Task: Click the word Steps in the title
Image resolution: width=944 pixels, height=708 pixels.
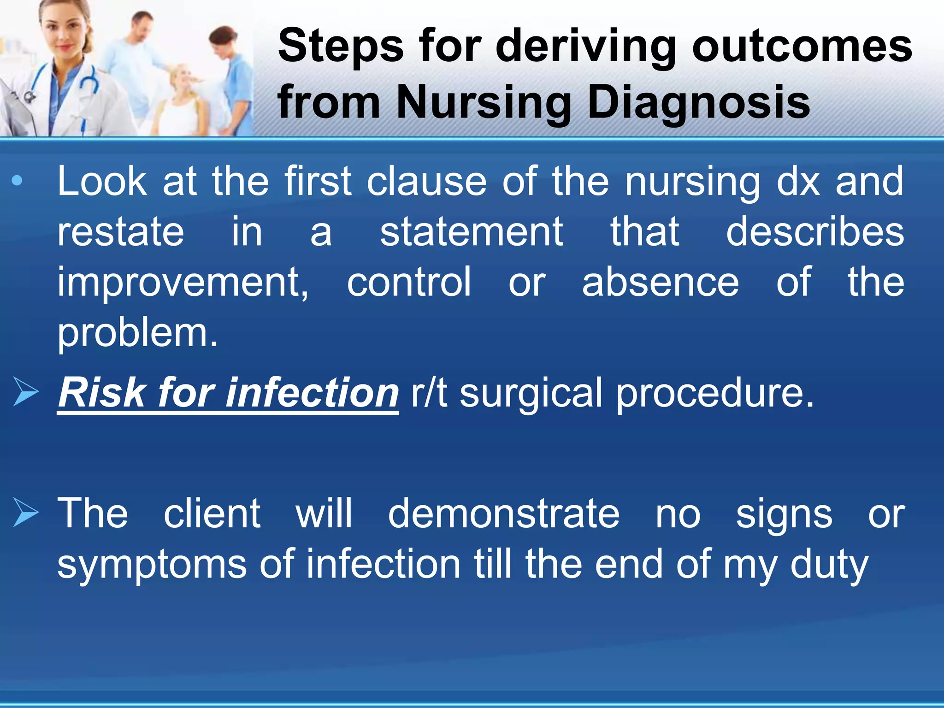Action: tap(341, 46)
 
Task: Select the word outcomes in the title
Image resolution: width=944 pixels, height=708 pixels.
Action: tap(802, 46)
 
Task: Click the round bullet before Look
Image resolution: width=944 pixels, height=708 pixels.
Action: tap(17, 181)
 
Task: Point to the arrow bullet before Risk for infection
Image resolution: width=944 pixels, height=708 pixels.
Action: tap(26, 392)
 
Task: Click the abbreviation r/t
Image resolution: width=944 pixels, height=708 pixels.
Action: tap(429, 393)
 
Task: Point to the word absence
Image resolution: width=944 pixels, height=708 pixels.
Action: tap(660, 282)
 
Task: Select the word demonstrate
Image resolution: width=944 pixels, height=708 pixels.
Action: tap(503, 513)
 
